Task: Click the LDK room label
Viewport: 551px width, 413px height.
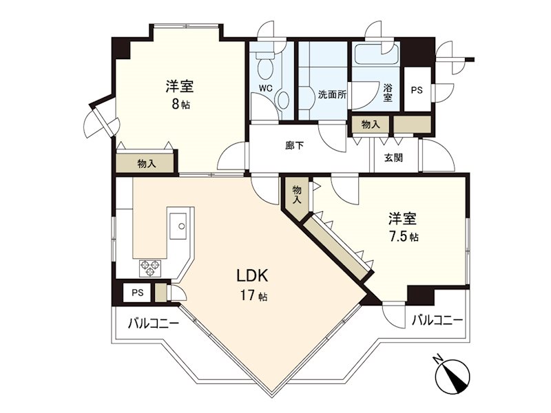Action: click(252, 277)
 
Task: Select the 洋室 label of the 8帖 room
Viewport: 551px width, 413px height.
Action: click(179, 87)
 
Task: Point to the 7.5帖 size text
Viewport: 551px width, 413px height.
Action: click(404, 236)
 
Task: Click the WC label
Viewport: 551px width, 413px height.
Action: click(266, 88)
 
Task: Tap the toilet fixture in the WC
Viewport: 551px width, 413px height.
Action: click(264, 66)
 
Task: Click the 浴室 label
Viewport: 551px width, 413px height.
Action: click(388, 93)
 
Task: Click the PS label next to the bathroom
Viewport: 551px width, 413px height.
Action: click(416, 89)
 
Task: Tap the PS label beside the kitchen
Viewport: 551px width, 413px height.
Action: click(137, 293)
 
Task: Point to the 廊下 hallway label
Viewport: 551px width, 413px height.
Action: click(295, 145)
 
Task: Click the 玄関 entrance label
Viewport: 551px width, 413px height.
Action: click(394, 158)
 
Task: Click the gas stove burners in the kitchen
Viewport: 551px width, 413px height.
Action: click(150, 266)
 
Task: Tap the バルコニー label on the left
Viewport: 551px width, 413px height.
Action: click(154, 323)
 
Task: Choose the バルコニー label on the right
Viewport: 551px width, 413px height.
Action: click(437, 320)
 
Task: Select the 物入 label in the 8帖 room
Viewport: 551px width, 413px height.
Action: click(147, 163)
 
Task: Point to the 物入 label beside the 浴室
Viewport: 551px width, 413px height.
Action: click(370, 125)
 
